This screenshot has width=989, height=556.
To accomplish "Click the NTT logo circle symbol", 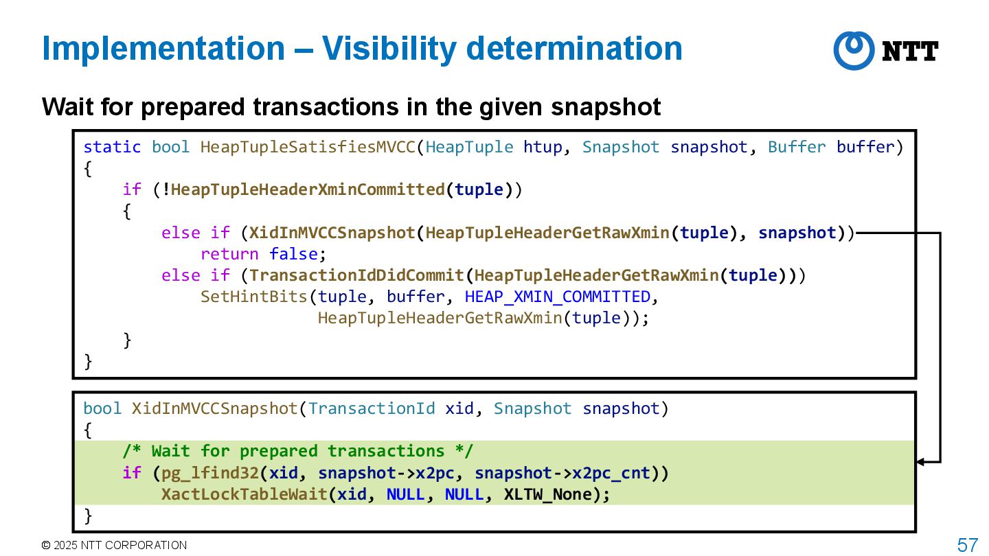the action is tap(854, 50).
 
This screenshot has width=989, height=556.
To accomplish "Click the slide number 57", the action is tap(967, 545).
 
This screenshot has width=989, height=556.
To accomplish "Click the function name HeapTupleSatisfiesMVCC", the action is tap(308, 147).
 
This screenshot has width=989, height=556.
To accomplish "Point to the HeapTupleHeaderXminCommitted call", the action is tap(308, 190).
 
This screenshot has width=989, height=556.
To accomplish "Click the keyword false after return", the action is tap(293, 254).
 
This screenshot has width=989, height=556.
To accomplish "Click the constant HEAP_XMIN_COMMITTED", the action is tap(558, 297).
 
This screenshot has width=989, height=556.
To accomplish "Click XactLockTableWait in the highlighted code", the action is tap(244, 494).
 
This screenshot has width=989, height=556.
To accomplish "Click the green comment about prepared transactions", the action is tap(298, 451).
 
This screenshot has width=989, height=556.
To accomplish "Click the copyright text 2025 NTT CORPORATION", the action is tap(114, 545).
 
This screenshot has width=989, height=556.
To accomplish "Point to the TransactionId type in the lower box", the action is tap(372, 408).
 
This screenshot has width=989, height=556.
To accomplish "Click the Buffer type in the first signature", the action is tap(797, 147).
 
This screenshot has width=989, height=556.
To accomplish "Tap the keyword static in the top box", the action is tap(112, 147).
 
